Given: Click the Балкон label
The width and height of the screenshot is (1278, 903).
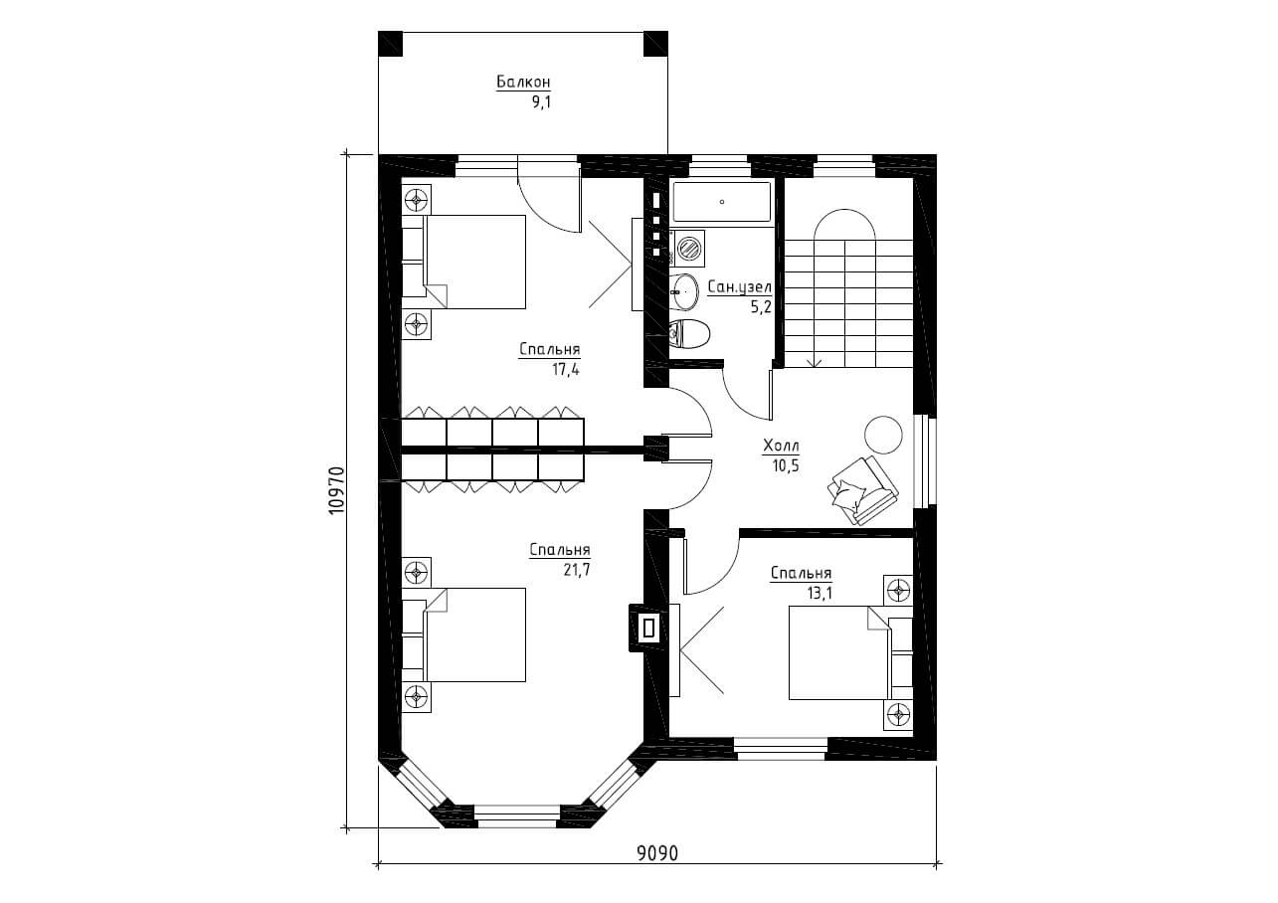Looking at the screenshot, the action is point(523,83).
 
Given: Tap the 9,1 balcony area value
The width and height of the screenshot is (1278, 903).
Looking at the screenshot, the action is point(541,102).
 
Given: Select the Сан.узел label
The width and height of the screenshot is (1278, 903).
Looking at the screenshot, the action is point(739,287).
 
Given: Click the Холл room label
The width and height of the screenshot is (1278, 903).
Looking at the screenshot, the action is point(781,446).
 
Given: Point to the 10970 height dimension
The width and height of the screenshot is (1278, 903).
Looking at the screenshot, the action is point(337,490).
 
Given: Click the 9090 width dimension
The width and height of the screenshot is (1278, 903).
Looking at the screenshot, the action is point(657,869).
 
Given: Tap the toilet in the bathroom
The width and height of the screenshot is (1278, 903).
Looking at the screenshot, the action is point(690,334).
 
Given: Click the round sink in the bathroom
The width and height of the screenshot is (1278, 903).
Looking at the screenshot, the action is point(684,291).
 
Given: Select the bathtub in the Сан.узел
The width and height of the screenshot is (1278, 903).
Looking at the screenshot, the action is point(722,201).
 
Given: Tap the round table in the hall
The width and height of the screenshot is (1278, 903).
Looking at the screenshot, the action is point(883,435).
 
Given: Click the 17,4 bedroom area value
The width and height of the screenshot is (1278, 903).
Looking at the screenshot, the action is point(565,370).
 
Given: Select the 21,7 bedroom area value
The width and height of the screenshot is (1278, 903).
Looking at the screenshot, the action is point(576,570).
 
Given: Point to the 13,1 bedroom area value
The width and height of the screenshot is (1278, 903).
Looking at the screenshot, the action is point(820,594).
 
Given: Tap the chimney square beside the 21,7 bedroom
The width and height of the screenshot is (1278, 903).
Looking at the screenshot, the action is point(648,629).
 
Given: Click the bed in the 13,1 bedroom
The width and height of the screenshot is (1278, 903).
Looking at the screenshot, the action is point(850,652).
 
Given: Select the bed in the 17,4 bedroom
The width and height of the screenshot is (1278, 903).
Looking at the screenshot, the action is point(463,262).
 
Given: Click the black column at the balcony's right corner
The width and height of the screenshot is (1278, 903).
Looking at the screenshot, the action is point(655,44).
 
